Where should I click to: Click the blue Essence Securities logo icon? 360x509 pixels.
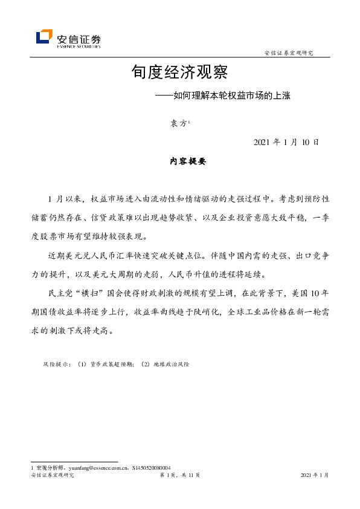[44, 37]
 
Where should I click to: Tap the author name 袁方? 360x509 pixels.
[178, 124]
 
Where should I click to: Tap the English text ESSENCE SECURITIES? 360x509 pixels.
[79, 45]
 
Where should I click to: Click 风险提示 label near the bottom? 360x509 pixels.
[56, 365]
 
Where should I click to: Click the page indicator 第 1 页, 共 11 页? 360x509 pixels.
[179, 476]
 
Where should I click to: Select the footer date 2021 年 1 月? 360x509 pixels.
[314, 476]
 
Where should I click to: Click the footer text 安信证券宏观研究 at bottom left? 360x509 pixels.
[52, 476]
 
